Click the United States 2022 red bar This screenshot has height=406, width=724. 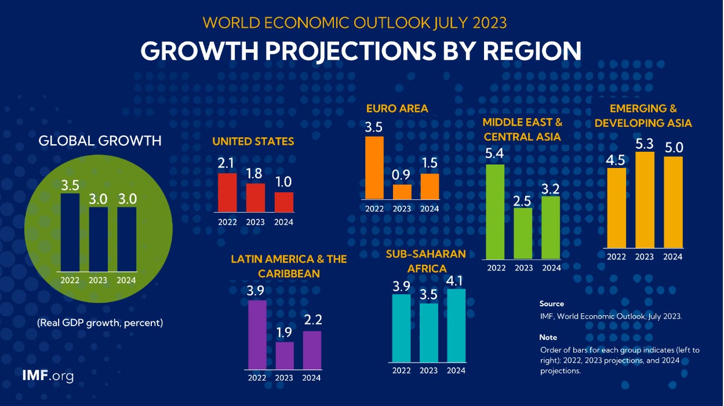click(x=227, y=192)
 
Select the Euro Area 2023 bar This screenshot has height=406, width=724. click(x=402, y=192)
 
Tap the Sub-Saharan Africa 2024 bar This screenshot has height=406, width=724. click(x=456, y=325)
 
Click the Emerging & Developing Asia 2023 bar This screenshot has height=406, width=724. click(x=645, y=200)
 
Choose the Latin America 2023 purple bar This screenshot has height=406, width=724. click(x=284, y=355)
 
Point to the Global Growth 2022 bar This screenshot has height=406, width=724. click(x=70, y=232)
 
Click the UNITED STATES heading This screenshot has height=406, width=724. click(x=253, y=141)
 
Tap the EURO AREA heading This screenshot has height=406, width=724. click(x=397, y=108)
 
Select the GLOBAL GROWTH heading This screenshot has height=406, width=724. click(x=100, y=141)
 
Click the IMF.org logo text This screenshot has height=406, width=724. click(x=48, y=376)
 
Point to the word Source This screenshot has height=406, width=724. click(x=551, y=303)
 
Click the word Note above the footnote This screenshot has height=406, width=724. click(x=548, y=337)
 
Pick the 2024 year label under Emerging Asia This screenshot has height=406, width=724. click(x=673, y=257)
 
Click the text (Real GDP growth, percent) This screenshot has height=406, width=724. click(x=100, y=323)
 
